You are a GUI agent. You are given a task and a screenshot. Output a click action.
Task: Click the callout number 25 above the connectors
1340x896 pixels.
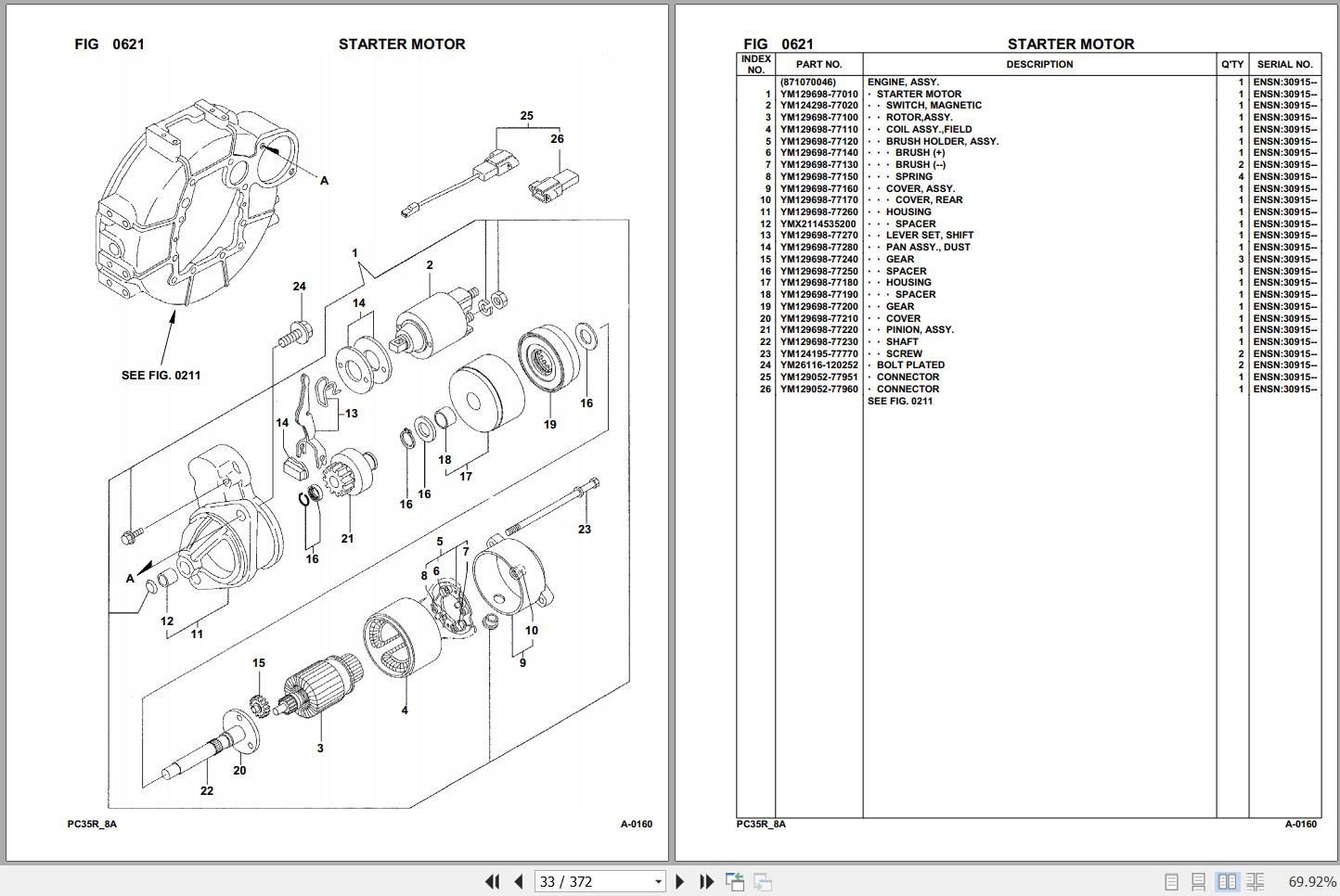click(526, 116)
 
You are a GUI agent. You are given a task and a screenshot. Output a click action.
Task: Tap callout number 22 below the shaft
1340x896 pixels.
click(206, 791)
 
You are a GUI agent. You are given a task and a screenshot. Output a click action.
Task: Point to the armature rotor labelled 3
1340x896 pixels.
click(320, 690)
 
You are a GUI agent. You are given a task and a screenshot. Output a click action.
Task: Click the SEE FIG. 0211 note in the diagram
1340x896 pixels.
click(161, 376)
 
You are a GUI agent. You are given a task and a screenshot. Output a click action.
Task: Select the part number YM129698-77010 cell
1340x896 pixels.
click(818, 94)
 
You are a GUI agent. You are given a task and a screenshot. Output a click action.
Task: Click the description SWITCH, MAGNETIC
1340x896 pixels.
click(933, 106)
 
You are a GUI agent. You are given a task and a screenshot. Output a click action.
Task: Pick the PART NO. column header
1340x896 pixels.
click(818, 65)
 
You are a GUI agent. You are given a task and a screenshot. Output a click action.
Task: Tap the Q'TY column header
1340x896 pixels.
click(1231, 65)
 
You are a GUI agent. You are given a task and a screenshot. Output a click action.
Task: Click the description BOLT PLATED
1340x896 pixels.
click(910, 365)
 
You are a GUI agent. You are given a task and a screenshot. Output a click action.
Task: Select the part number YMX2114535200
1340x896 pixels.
click(818, 224)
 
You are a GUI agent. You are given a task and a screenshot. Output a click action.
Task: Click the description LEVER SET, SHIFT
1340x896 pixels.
click(929, 236)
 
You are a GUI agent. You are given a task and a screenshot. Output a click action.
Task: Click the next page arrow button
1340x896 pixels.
click(679, 881)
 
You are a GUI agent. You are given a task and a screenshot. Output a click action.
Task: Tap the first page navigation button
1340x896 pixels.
click(492, 881)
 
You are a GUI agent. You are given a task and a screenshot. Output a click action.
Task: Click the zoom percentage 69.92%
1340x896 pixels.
click(1312, 881)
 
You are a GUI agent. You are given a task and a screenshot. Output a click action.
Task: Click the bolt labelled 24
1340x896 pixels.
click(296, 332)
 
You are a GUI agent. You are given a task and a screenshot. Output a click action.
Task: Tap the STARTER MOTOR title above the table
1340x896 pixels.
click(1070, 44)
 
